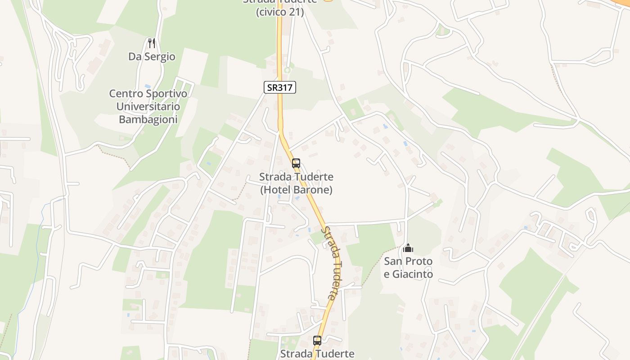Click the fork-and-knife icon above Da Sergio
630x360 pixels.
[152, 43]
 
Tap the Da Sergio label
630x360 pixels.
[152, 57]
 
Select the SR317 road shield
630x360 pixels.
[280, 87]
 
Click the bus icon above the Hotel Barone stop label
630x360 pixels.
[296, 163]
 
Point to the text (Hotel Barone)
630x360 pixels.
[296, 190]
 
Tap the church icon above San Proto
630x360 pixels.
[408, 248]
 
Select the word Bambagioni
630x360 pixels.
[148, 119]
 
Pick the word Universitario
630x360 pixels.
[148, 107]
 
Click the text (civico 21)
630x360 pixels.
[280, 12]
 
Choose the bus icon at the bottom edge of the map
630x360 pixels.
[317, 341]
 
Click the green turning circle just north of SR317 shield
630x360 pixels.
[288, 70]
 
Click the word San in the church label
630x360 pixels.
[392, 261]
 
